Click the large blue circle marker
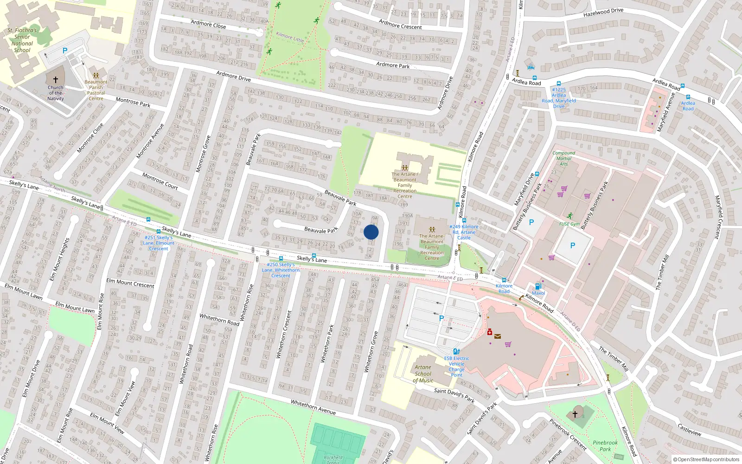[x=371, y=232]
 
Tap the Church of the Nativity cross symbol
[x=56, y=80]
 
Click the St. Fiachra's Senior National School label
[x=22, y=40]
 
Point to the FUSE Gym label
[x=569, y=224]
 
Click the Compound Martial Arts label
[x=563, y=158]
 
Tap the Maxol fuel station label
[x=538, y=293]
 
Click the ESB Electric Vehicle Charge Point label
[x=456, y=366]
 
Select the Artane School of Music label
[x=423, y=374]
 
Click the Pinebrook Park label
[x=605, y=446]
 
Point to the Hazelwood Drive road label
[x=603, y=13]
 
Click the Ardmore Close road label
[x=208, y=25]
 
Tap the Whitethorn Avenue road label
[x=313, y=407]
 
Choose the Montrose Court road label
[x=160, y=181]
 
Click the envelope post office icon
[x=498, y=336]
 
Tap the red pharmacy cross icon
[x=490, y=332]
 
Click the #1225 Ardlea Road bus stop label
[x=559, y=98]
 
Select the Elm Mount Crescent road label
[x=130, y=283]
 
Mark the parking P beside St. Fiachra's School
[x=65, y=51]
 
